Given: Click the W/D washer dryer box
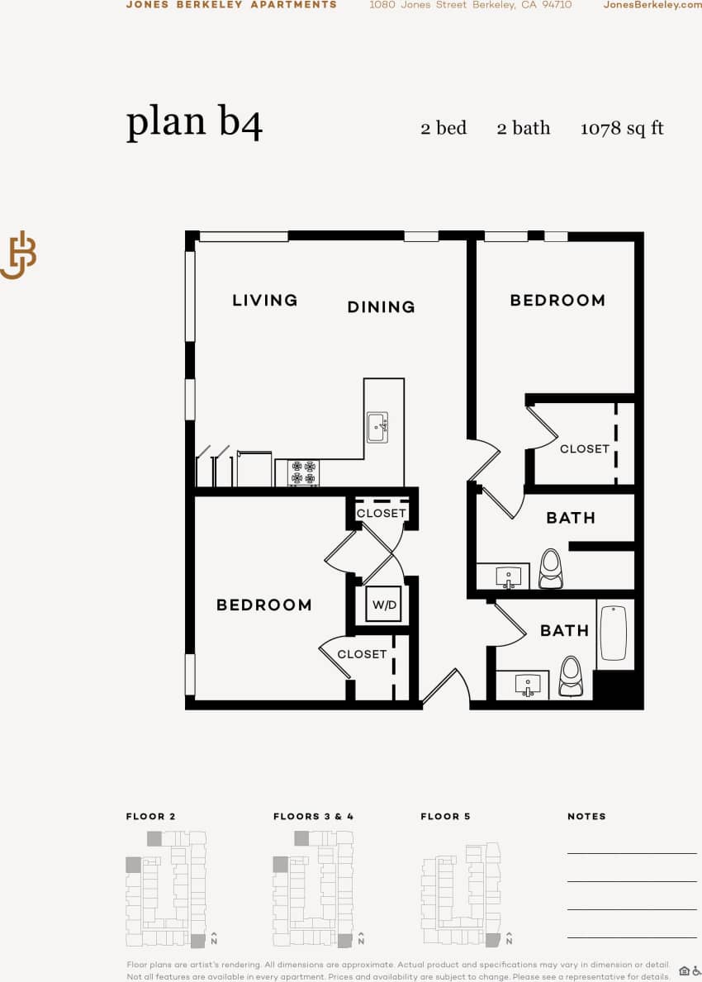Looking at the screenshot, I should [x=384, y=605].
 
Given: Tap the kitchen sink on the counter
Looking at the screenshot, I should [x=377, y=428].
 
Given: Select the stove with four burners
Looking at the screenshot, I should [x=303, y=473].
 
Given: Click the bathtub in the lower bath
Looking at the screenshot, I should [x=613, y=633].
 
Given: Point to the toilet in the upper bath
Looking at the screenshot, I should [x=551, y=568].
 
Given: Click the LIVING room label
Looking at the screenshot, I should [x=264, y=300].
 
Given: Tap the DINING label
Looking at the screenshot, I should [x=381, y=307].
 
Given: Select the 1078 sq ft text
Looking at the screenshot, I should [x=622, y=128].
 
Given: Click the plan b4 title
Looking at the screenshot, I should [x=194, y=122].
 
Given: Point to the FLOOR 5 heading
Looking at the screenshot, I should [x=445, y=816].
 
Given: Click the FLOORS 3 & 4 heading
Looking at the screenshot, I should [x=313, y=816].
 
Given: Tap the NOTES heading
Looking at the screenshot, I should [x=586, y=816].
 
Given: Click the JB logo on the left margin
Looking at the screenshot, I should [x=18, y=254].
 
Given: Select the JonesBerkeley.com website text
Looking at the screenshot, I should [x=652, y=5].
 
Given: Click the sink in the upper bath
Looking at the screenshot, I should [x=508, y=576].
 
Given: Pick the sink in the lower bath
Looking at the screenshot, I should [x=527, y=684].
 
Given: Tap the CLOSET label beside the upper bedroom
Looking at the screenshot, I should [x=584, y=448].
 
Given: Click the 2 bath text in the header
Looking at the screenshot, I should [x=523, y=128].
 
